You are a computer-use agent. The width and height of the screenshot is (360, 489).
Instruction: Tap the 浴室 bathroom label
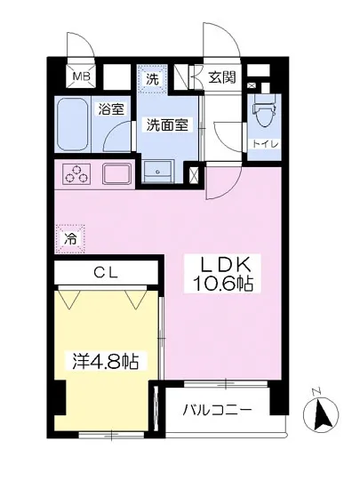[111, 109]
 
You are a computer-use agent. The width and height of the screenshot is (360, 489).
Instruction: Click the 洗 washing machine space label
[152, 79]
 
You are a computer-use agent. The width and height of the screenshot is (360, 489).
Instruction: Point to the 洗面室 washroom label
[167, 125]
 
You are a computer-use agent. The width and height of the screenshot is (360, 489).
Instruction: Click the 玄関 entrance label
[222, 78]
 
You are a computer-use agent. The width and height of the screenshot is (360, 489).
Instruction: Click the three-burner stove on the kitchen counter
[76, 174]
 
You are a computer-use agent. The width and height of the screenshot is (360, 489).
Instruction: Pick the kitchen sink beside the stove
[117, 173]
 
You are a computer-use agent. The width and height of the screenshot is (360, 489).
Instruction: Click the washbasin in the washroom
[161, 172]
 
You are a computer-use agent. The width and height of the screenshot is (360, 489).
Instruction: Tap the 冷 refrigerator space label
[70, 238]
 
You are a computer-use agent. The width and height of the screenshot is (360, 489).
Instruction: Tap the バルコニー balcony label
[218, 411]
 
